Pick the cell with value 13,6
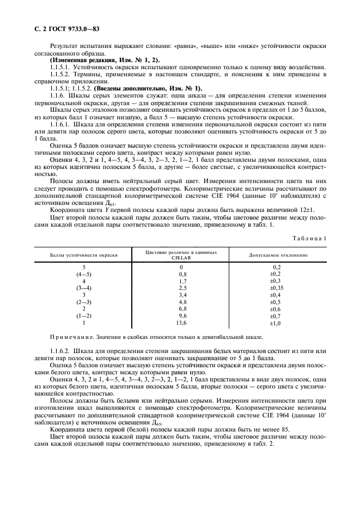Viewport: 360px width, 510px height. tap(182, 323)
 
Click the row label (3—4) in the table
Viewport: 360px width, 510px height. tap(84, 287)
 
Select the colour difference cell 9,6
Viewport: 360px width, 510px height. tap(182, 315)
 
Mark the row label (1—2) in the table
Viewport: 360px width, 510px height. tap(84, 315)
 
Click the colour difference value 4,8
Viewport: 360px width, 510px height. tap(182, 301)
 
